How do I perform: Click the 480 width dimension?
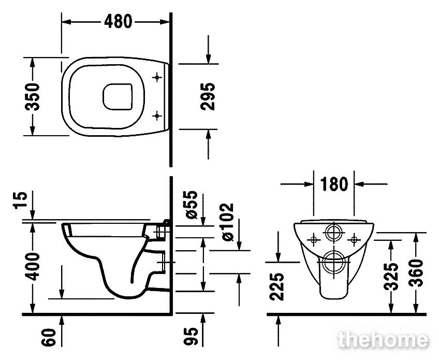tap(118, 22)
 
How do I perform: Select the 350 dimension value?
tap(32, 97)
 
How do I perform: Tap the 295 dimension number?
tap(208, 96)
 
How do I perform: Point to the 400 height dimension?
tap(32, 266)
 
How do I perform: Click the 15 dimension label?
tap(20, 200)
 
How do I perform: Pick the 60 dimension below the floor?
tap(49, 337)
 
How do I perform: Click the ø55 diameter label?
tap(191, 205)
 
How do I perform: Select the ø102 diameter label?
tap(227, 222)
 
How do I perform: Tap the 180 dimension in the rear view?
tap(334, 184)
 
